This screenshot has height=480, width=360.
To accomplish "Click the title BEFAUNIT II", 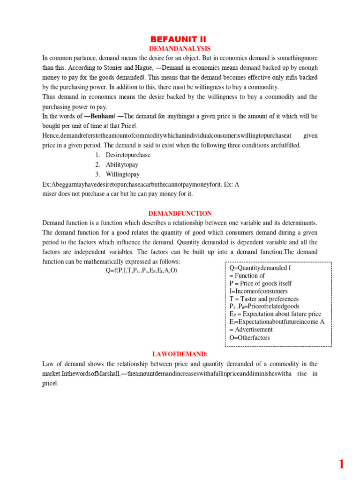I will pos(180,39).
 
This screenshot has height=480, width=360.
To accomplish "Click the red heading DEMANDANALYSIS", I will pos(180,49).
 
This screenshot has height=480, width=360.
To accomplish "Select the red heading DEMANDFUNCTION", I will pos(180,213).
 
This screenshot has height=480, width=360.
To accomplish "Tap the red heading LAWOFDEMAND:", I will pos(180,354).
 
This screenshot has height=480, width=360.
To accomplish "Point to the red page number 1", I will pos(341,465).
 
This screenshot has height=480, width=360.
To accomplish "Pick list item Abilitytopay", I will pos(122,165).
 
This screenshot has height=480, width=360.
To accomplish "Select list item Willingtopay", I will pos(122,174).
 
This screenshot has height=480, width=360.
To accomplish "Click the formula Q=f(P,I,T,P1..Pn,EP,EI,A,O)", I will pos(142,270).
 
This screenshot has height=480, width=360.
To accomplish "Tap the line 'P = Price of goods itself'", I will pos(261,283).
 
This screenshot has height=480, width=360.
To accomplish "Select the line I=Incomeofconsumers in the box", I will pos(258,291).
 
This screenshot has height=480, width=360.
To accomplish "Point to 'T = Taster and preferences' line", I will pos(264,299).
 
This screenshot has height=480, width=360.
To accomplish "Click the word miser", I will pos(50,194).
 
